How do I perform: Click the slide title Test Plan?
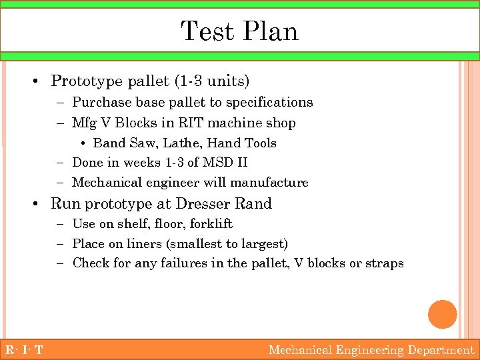(x=239, y=31)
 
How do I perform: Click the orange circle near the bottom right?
(x=442, y=315)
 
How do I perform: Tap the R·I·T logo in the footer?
(x=23, y=350)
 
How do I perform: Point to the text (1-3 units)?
(x=211, y=81)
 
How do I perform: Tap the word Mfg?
(x=84, y=123)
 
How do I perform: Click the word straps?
(x=385, y=263)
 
